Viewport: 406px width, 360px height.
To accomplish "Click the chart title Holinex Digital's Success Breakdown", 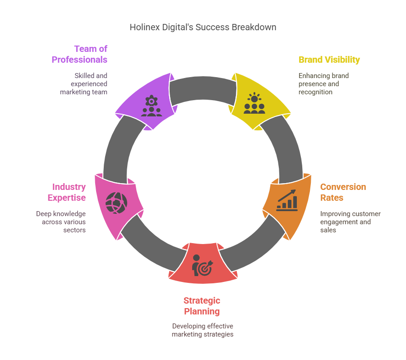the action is pos(203,27).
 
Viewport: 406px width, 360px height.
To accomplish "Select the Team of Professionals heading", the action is pos(79,54).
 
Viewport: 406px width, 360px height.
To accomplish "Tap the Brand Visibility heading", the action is pos(329,60).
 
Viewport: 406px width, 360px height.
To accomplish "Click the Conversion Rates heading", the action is pos(343,192).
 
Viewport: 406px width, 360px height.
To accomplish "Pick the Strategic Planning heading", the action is pos(202,306).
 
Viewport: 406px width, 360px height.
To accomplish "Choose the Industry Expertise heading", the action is pos(67,192).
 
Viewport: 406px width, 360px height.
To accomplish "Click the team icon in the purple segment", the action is pos(152,106).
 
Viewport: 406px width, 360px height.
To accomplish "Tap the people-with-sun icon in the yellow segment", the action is pos(254,103).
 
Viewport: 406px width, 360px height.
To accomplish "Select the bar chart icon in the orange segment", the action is pos(287,200).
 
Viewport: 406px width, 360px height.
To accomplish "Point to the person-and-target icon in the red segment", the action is pos(203,265).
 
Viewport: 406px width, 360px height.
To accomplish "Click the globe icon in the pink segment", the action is pos(116,203).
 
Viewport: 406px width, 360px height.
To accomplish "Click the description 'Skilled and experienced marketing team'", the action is pos(83,83).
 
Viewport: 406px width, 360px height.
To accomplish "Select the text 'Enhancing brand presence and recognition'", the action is pos(323,83).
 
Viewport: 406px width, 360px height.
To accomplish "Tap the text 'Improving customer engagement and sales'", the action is pos(351,222).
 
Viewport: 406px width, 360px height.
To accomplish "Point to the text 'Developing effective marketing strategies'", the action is pos(203,330).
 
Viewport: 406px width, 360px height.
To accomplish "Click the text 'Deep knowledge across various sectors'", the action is pos(61,222).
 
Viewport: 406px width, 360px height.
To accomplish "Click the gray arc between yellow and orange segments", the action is pos(286,148).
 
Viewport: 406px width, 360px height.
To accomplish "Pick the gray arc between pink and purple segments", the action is pos(120,148).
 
